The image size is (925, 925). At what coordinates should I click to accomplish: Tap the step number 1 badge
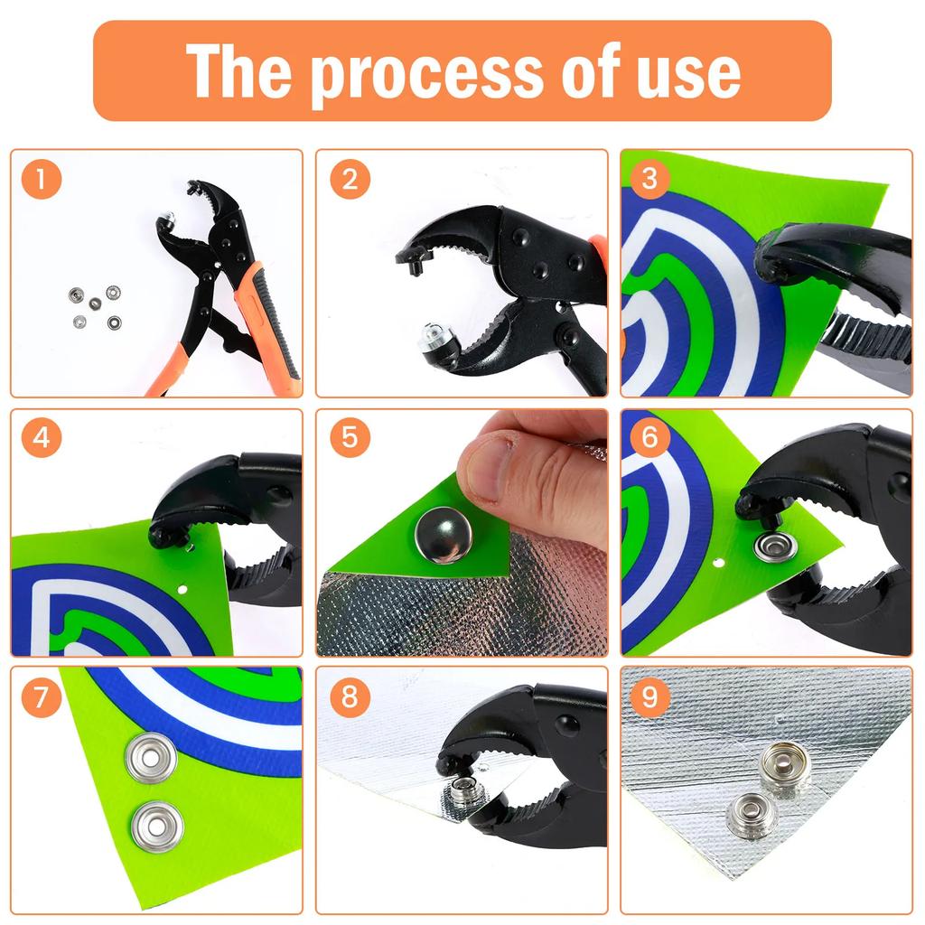pyautogui.click(x=42, y=180)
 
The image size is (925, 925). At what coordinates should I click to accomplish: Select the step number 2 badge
pyautogui.click(x=350, y=180)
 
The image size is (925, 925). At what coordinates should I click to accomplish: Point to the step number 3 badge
pyautogui.click(x=650, y=180)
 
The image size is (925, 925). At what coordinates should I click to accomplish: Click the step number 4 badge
pyautogui.click(x=42, y=439)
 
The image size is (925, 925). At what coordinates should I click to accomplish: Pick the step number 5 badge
pyautogui.click(x=350, y=439)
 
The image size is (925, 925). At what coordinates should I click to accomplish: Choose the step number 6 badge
pyautogui.click(x=650, y=439)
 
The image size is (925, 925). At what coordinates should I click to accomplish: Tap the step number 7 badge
pyautogui.click(x=42, y=696)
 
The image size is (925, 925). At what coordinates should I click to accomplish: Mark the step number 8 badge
pyautogui.click(x=350, y=696)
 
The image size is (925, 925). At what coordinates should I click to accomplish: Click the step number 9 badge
pyautogui.click(x=650, y=696)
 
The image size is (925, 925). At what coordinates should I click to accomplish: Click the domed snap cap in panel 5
pyautogui.click(x=443, y=535)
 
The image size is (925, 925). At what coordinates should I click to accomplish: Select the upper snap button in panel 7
pyautogui.click(x=151, y=757)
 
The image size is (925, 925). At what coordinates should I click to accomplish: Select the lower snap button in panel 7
pyautogui.click(x=157, y=826)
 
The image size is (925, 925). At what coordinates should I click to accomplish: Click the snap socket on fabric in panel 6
pyautogui.click(x=775, y=547)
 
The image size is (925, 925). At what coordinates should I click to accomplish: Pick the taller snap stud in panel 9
pyautogui.click(x=784, y=766)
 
